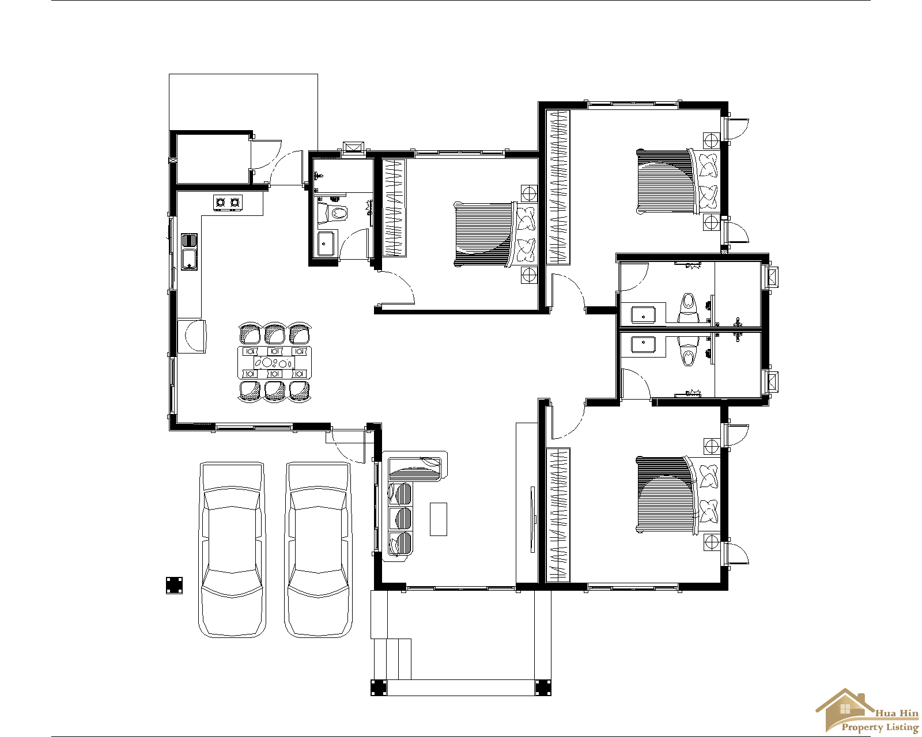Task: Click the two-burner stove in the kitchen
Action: (x=228, y=202)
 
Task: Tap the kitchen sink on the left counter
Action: (x=189, y=252)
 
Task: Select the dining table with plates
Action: (x=274, y=363)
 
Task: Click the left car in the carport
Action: (x=232, y=550)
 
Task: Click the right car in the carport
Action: (x=319, y=550)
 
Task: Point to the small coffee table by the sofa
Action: (x=439, y=519)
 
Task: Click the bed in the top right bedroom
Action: (x=666, y=181)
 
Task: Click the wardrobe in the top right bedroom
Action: (x=558, y=187)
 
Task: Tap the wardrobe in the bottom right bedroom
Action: (x=558, y=515)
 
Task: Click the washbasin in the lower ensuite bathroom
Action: (x=643, y=345)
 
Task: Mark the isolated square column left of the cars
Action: (x=174, y=585)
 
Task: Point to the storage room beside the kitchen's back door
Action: (x=212, y=159)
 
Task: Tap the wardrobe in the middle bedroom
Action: (x=395, y=208)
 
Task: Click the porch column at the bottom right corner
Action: (x=543, y=687)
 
